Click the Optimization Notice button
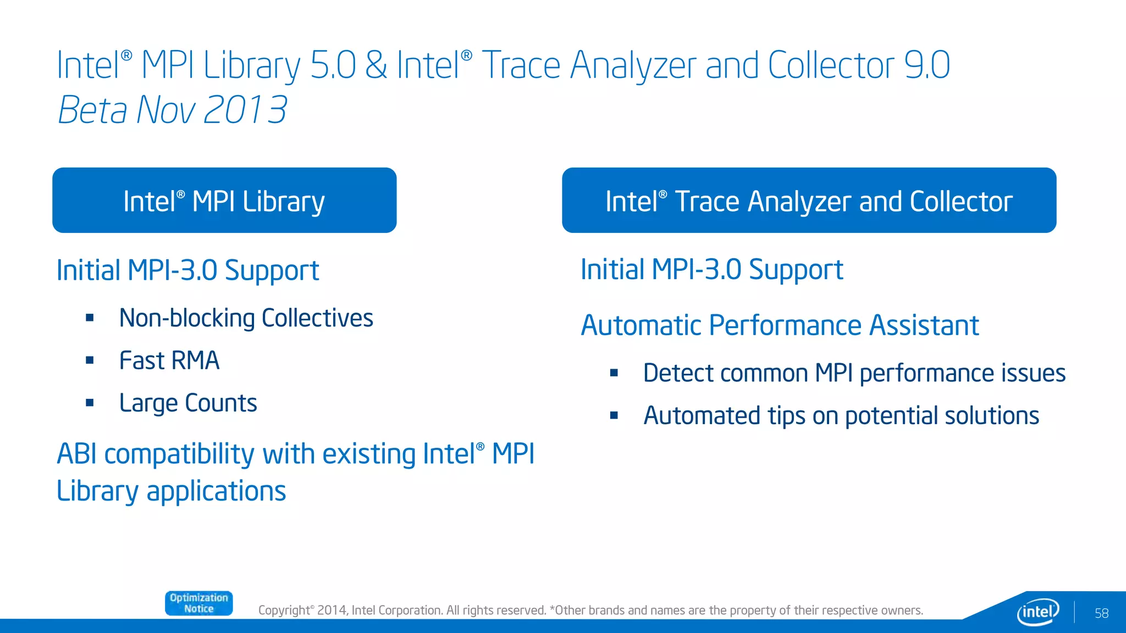pos(198,603)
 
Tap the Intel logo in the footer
pos(1037,612)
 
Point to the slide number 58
pos(1101,613)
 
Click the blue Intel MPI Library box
pos(224,201)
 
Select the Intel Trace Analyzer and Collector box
pos(809,201)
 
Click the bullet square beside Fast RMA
pos(90,360)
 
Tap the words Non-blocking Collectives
pos(246,318)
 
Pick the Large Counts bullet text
pos(188,403)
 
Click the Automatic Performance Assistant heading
pos(780,325)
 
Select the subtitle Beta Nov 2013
pos(172,110)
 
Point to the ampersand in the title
pos(376,65)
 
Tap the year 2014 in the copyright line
pos(332,610)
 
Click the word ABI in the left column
pos(77,454)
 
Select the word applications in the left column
pos(216,491)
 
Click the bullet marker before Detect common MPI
pos(614,374)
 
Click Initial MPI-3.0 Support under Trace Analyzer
pos(711,270)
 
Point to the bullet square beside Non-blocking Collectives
pos(90,318)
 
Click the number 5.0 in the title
pos(333,65)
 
